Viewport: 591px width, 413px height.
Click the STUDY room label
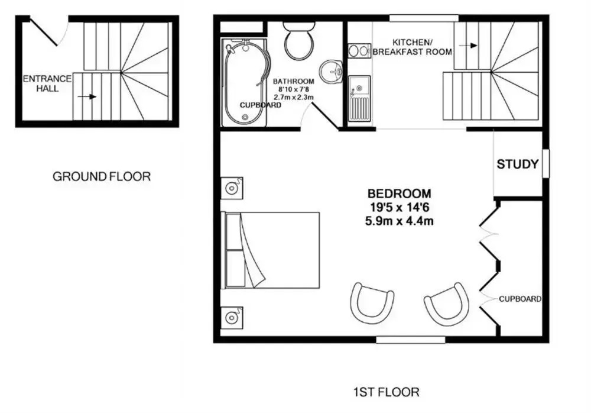tap(518, 164)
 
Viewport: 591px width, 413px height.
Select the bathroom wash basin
tap(331, 71)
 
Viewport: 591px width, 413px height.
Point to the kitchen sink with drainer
tap(359, 99)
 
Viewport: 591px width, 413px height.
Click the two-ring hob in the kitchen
tap(359, 51)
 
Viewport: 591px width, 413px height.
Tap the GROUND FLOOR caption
tap(102, 176)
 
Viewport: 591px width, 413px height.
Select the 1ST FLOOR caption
tap(387, 392)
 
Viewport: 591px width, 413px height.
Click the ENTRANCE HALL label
tap(47, 83)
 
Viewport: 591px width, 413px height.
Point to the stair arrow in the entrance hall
tap(87, 96)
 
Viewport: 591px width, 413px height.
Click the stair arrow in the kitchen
tap(468, 46)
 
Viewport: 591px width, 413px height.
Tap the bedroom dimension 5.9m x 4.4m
tap(399, 221)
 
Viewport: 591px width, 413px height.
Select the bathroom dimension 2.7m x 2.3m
tap(294, 97)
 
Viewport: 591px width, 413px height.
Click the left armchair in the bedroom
tap(372, 302)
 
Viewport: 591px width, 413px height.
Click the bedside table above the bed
tap(232, 188)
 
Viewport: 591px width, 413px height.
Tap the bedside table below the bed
tap(232, 318)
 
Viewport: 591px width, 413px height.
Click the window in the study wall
tap(545, 163)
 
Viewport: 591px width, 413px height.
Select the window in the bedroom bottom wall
tap(411, 340)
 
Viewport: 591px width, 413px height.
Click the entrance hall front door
tap(44, 32)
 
